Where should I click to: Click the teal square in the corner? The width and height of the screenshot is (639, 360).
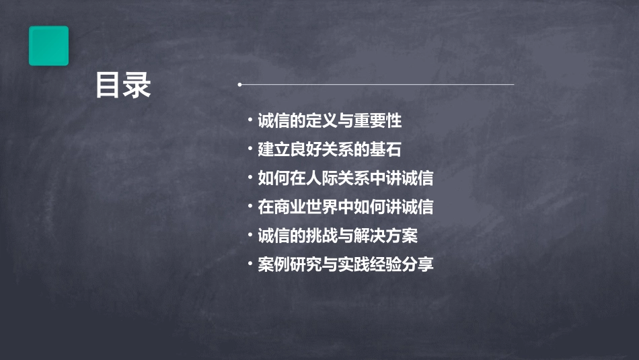(x=48, y=46)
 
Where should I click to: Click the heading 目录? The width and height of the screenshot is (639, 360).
(x=123, y=85)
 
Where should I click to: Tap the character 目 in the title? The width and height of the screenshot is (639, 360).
(x=108, y=85)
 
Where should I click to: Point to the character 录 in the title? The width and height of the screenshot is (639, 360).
(x=138, y=85)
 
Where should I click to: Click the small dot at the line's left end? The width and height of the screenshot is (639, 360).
(x=239, y=85)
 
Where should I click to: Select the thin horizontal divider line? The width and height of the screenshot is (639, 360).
(x=377, y=85)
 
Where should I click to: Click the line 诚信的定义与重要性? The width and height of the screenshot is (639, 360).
(x=330, y=121)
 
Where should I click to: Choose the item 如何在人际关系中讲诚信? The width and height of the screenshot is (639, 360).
(x=345, y=178)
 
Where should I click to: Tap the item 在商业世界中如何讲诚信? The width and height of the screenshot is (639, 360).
(x=345, y=207)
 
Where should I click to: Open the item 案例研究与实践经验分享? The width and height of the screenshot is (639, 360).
(x=345, y=264)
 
